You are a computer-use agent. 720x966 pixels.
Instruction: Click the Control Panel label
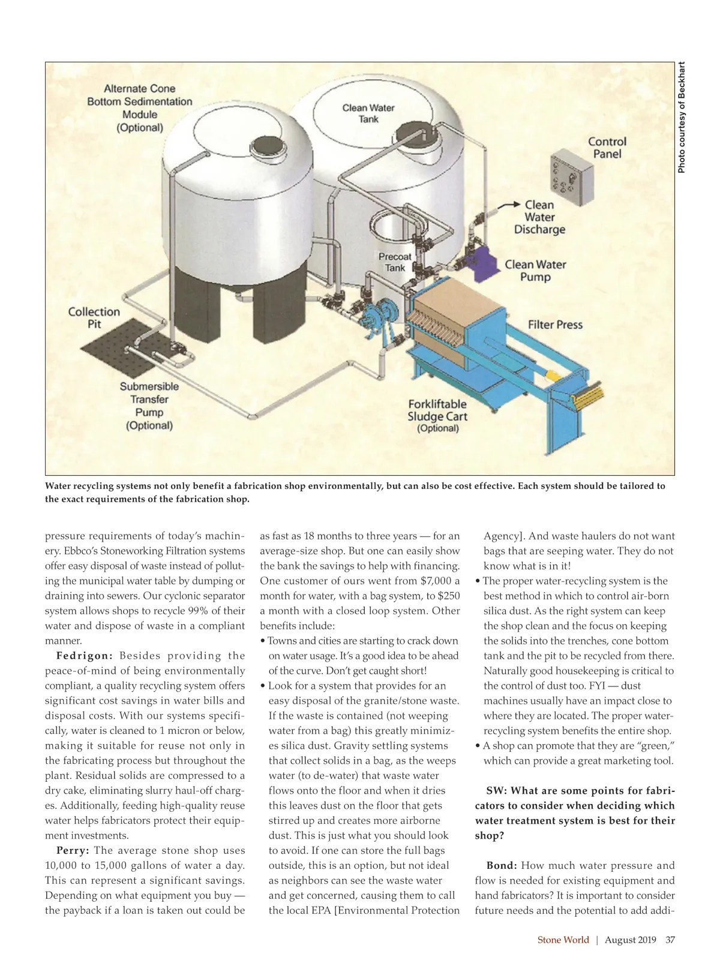point(607,148)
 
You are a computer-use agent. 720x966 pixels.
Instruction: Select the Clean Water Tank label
point(368,113)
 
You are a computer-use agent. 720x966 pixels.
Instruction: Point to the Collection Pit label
point(94,317)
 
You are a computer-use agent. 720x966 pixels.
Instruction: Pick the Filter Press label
point(555,325)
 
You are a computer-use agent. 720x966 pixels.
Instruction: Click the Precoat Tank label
point(395,262)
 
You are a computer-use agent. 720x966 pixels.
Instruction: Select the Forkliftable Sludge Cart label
point(437,416)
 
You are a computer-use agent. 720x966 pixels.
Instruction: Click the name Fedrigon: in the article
point(85,656)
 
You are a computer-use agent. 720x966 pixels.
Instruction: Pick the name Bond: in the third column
point(501,865)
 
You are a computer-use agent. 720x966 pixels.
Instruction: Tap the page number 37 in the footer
point(670,940)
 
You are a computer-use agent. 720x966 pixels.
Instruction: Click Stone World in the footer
point(563,940)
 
